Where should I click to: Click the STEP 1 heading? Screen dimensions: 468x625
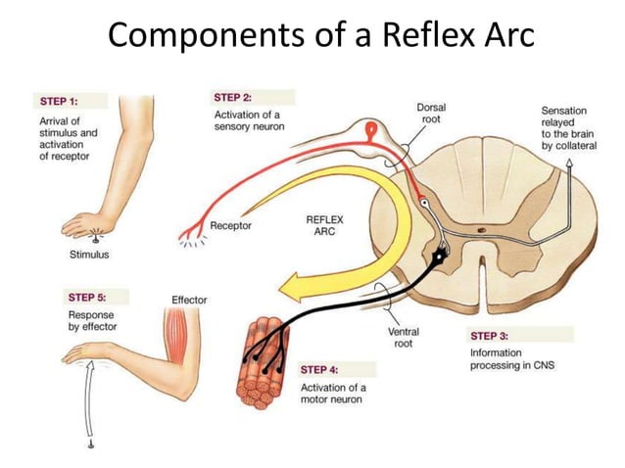pos(60,101)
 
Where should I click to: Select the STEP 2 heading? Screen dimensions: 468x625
pos(233,98)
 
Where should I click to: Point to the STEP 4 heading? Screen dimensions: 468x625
pos(320,370)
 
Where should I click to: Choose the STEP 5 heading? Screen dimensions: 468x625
pos(87,297)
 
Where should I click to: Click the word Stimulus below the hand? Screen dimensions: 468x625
pos(90,255)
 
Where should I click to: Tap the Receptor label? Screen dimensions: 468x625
pos(231,226)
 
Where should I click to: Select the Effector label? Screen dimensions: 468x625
pos(188,300)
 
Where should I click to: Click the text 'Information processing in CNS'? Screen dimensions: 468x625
pos(510,358)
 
